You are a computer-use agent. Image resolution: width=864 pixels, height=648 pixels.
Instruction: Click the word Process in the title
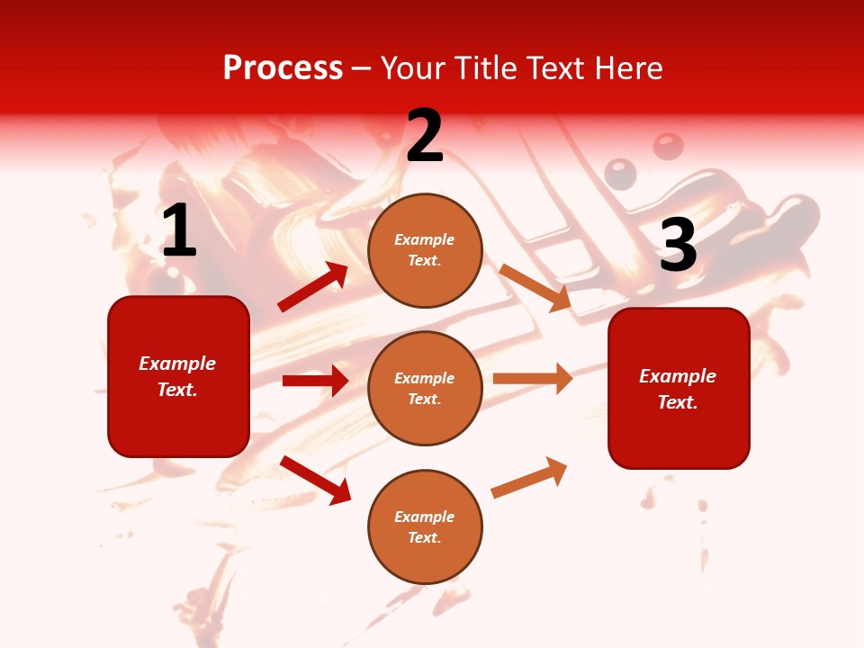283,67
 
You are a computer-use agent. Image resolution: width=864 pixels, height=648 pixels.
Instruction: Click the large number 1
179,231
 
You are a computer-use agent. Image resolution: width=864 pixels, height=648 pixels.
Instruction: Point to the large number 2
425,136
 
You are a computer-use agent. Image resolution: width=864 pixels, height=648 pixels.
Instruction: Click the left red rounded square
178,376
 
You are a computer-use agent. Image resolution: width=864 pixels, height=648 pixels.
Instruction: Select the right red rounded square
679,388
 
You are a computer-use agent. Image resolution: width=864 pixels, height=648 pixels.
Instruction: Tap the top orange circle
425,250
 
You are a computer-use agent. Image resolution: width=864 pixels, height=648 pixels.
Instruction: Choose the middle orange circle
425,388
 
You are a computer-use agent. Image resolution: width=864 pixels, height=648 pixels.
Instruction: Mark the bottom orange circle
425,526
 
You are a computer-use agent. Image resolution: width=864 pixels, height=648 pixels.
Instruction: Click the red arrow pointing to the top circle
312,287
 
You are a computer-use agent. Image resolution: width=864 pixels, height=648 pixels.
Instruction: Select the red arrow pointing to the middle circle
315,381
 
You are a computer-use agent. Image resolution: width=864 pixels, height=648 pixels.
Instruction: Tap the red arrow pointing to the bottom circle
315,479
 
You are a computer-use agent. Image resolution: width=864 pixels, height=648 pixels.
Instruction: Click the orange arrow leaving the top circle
535,287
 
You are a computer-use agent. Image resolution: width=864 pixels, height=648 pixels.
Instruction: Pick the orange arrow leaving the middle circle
533,378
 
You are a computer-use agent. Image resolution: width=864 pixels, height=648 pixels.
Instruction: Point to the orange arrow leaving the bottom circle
529,477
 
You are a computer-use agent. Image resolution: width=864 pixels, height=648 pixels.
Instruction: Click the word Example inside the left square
177,364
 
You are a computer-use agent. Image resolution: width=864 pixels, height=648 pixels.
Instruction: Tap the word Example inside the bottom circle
425,517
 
